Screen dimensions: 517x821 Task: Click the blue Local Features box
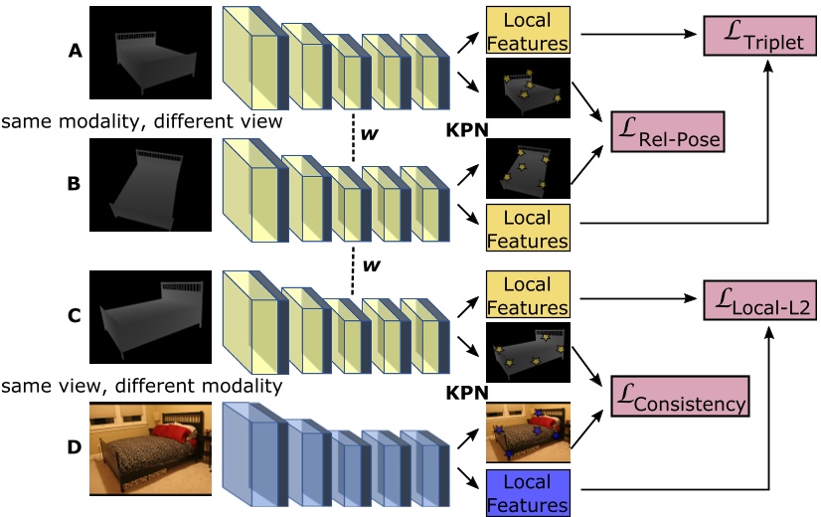click(527, 492)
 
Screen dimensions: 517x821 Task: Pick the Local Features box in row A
click(527, 31)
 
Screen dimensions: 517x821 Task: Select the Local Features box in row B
click(527, 227)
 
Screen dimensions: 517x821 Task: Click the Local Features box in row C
click(527, 295)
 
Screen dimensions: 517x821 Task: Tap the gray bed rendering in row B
click(150, 186)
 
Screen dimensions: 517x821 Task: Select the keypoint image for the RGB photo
click(527, 433)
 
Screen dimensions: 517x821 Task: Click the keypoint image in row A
click(527, 88)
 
